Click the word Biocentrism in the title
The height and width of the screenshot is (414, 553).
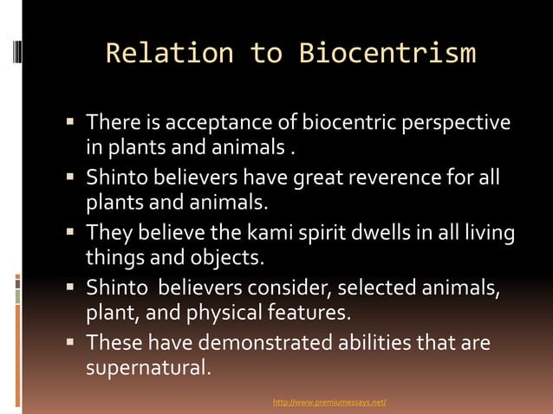pos(387,54)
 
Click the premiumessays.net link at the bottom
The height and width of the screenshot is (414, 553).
pos(329,403)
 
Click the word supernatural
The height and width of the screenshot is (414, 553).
pos(146,368)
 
